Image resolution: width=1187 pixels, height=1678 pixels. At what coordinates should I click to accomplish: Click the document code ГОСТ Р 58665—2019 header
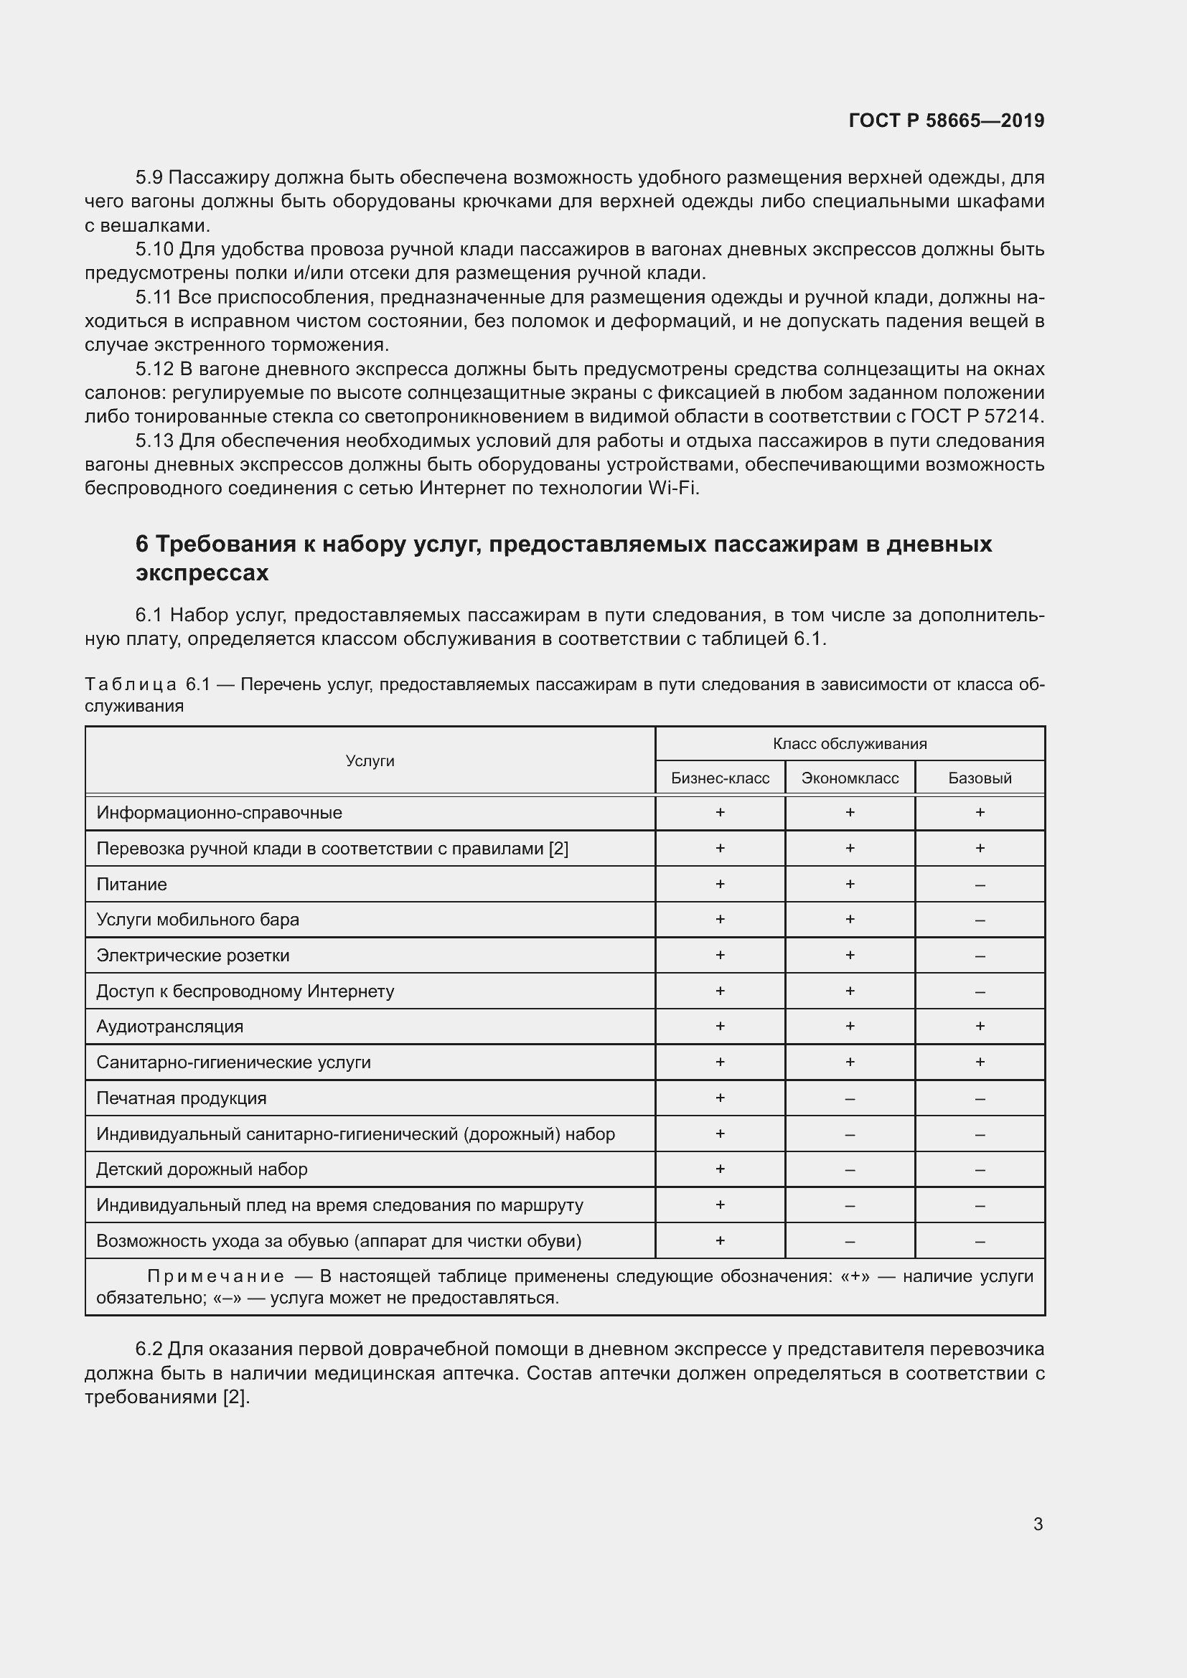(x=947, y=121)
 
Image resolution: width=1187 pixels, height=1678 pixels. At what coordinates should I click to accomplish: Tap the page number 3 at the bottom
(x=1038, y=1524)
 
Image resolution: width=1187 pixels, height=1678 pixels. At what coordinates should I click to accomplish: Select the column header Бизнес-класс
(x=720, y=778)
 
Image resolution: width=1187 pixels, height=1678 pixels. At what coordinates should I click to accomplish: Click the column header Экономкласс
(x=850, y=778)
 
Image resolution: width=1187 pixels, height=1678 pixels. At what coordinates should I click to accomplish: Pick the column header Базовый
(x=980, y=778)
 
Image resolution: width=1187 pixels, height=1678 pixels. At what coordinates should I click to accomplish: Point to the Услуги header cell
(x=370, y=760)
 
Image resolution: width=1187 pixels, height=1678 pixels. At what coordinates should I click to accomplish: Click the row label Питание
(x=131, y=885)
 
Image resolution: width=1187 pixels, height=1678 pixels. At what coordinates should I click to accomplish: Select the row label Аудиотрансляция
(x=169, y=1026)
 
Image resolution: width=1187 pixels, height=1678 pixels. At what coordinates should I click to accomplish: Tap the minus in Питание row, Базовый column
(x=980, y=885)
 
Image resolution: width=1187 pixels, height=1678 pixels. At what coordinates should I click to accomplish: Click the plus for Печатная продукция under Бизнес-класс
(x=720, y=1098)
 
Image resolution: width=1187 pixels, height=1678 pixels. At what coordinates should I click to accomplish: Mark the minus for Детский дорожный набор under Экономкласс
(x=850, y=1169)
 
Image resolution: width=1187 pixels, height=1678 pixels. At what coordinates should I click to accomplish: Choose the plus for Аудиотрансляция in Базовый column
(x=980, y=1026)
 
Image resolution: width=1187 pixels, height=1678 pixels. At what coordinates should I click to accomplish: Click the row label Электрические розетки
(x=193, y=955)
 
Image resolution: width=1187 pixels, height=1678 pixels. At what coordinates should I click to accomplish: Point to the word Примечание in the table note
(x=215, y=1276)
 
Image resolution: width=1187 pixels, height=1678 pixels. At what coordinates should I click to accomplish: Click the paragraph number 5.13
(x=154, y=440)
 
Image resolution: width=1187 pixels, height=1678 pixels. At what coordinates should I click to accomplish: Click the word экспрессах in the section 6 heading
(x=202, y=573)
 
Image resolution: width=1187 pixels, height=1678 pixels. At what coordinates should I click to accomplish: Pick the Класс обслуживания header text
(x=850, y=743)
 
